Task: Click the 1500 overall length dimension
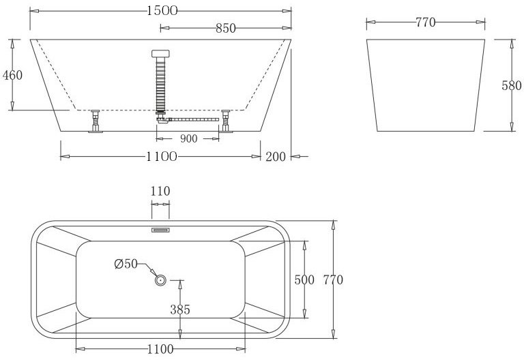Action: [162, 11]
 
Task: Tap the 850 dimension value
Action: [226, 29]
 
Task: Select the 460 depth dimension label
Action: [12, 75]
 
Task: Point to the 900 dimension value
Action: [189, 138]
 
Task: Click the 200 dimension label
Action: [276, 156]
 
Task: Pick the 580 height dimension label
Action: [511, 85]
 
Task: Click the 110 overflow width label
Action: [160, 192]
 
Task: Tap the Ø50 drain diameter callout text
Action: [126, 264]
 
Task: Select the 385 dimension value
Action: [180, 310]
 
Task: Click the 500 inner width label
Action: [304, 280]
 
